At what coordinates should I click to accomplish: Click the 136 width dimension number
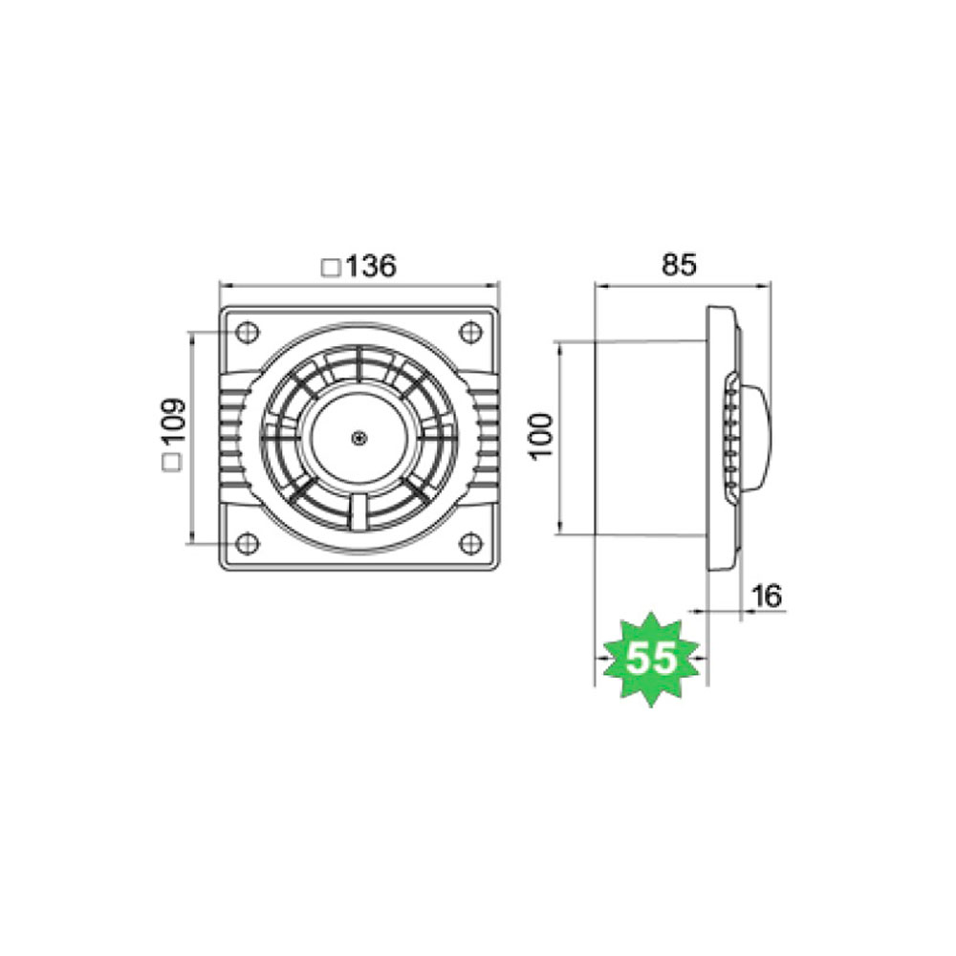[371, 266]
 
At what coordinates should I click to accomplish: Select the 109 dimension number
[172, 423]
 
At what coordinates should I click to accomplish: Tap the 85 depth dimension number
[678, 265]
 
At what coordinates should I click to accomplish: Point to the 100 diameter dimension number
[541, 436]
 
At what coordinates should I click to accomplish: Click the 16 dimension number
[765, 596]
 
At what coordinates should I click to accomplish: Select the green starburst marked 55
[651, 659]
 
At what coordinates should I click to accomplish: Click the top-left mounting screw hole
[247, 333]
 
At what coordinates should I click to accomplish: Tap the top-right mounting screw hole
[470, 333]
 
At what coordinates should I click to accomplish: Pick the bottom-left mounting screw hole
[247, 543]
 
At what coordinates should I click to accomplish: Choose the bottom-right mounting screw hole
[470, 543]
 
